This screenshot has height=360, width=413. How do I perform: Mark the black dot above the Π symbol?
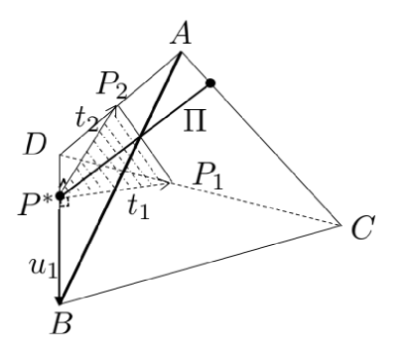point(209,82)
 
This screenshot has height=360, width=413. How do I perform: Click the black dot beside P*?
point(61,197)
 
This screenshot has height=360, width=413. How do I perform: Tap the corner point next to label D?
point(61,156)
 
